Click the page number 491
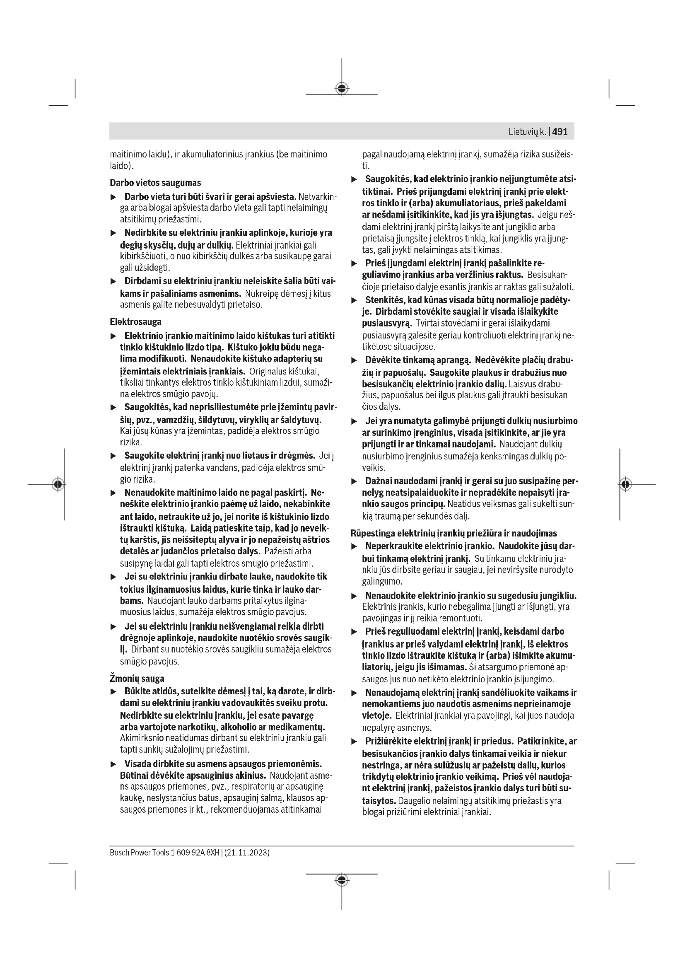560,132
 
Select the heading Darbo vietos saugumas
155,183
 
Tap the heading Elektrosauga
135,321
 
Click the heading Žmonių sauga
137,679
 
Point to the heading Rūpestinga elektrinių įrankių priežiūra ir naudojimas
454,533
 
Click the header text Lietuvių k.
527,132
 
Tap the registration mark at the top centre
342,89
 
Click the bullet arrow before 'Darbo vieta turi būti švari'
113,197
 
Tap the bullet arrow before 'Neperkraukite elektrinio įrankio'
355,546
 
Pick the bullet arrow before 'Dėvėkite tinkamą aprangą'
355,361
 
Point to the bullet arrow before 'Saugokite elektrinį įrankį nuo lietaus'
113,456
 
